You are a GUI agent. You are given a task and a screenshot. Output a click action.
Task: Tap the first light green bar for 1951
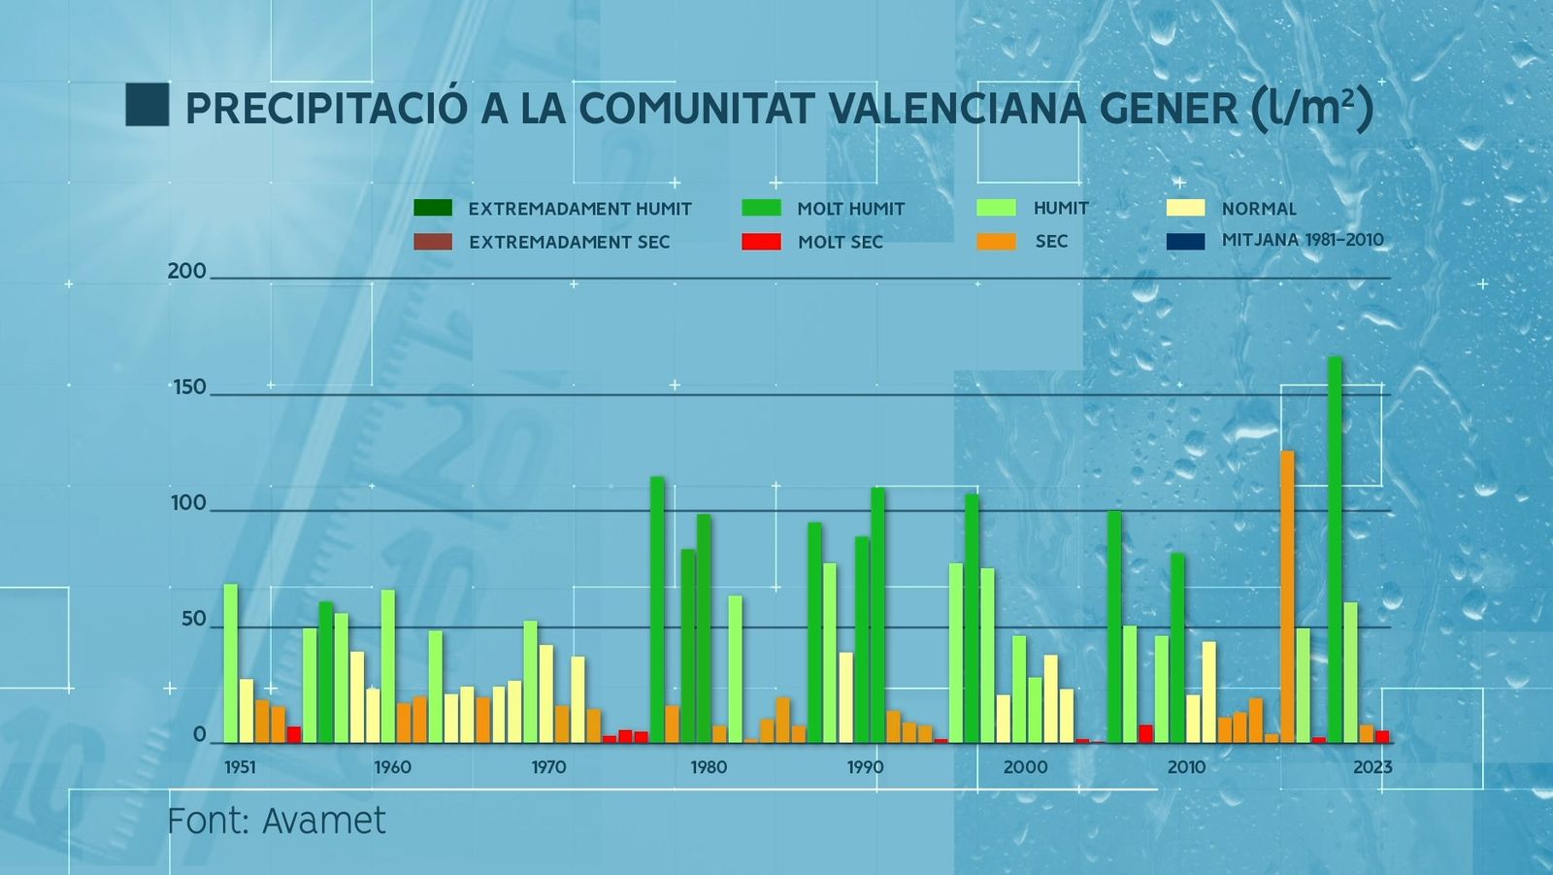231,662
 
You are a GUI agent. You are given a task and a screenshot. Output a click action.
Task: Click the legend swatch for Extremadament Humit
433,208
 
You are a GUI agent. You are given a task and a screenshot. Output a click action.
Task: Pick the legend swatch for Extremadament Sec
433,242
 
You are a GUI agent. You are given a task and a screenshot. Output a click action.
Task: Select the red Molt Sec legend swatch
761,242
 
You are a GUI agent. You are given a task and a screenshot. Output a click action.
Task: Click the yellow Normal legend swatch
1185,208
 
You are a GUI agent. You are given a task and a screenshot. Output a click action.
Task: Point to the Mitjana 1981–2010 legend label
1303,240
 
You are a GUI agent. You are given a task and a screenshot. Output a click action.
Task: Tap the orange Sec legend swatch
997,242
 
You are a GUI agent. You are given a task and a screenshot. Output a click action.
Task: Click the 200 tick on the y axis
186,271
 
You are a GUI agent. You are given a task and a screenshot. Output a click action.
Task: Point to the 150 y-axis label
189,387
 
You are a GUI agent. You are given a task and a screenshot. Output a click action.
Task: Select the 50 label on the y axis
193,620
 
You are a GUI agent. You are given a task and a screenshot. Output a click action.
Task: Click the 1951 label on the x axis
240,767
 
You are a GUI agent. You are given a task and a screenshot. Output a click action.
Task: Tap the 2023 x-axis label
1372,767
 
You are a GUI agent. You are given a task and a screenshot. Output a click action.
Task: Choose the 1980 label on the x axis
709,767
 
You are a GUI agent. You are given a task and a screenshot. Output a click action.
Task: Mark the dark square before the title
148,105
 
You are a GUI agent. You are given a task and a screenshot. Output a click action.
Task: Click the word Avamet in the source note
324,822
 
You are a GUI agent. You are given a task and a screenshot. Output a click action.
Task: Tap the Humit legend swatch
997,208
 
